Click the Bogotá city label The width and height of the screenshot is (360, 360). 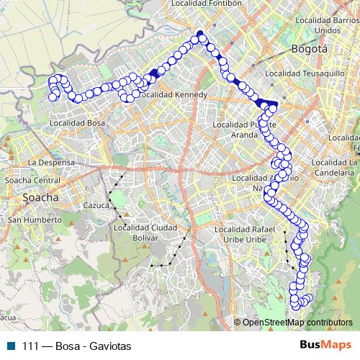309,49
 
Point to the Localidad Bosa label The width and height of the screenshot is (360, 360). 77,123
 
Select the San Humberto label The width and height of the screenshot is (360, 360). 36,219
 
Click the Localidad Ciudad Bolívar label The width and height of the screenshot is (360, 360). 145,233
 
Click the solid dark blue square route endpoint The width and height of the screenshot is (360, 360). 200,33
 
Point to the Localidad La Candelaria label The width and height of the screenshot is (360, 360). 336,168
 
